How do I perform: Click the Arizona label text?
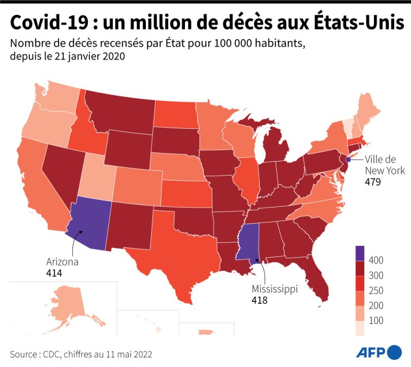62,262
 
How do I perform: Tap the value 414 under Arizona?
54,273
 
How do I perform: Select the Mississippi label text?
275,289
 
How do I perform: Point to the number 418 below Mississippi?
259,300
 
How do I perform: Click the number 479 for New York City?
373,182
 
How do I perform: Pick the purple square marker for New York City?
348,159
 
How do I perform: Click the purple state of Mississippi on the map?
248,241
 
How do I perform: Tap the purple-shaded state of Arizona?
89,223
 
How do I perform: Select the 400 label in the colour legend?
376,260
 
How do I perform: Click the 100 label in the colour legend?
376,320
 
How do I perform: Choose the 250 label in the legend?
376,290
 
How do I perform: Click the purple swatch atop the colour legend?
360,253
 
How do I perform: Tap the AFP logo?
379,352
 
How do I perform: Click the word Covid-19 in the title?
49,22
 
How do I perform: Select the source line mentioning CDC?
81,355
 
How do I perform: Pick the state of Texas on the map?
178,252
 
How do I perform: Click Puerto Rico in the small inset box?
207,332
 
